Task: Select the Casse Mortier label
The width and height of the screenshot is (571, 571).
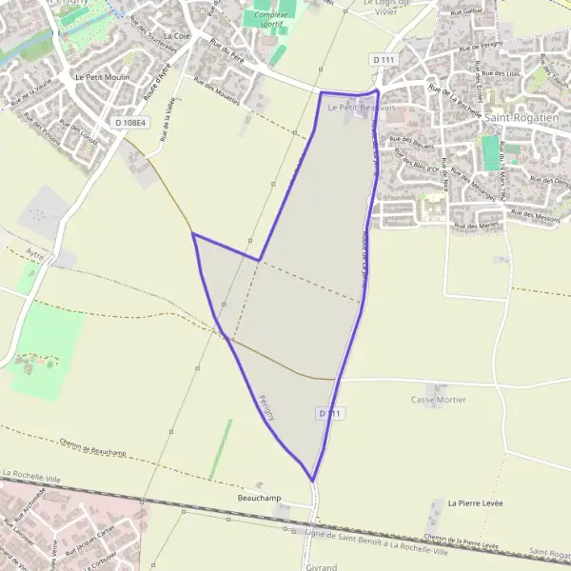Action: pos(439,400)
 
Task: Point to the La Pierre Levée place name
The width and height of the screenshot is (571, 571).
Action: pos(474,502)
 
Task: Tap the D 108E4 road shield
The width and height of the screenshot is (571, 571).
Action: pos(131,123)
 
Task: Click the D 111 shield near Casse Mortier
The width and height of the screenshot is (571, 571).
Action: pos(329,413)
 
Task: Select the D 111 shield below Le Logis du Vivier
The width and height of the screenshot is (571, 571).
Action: pos(384,60)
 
